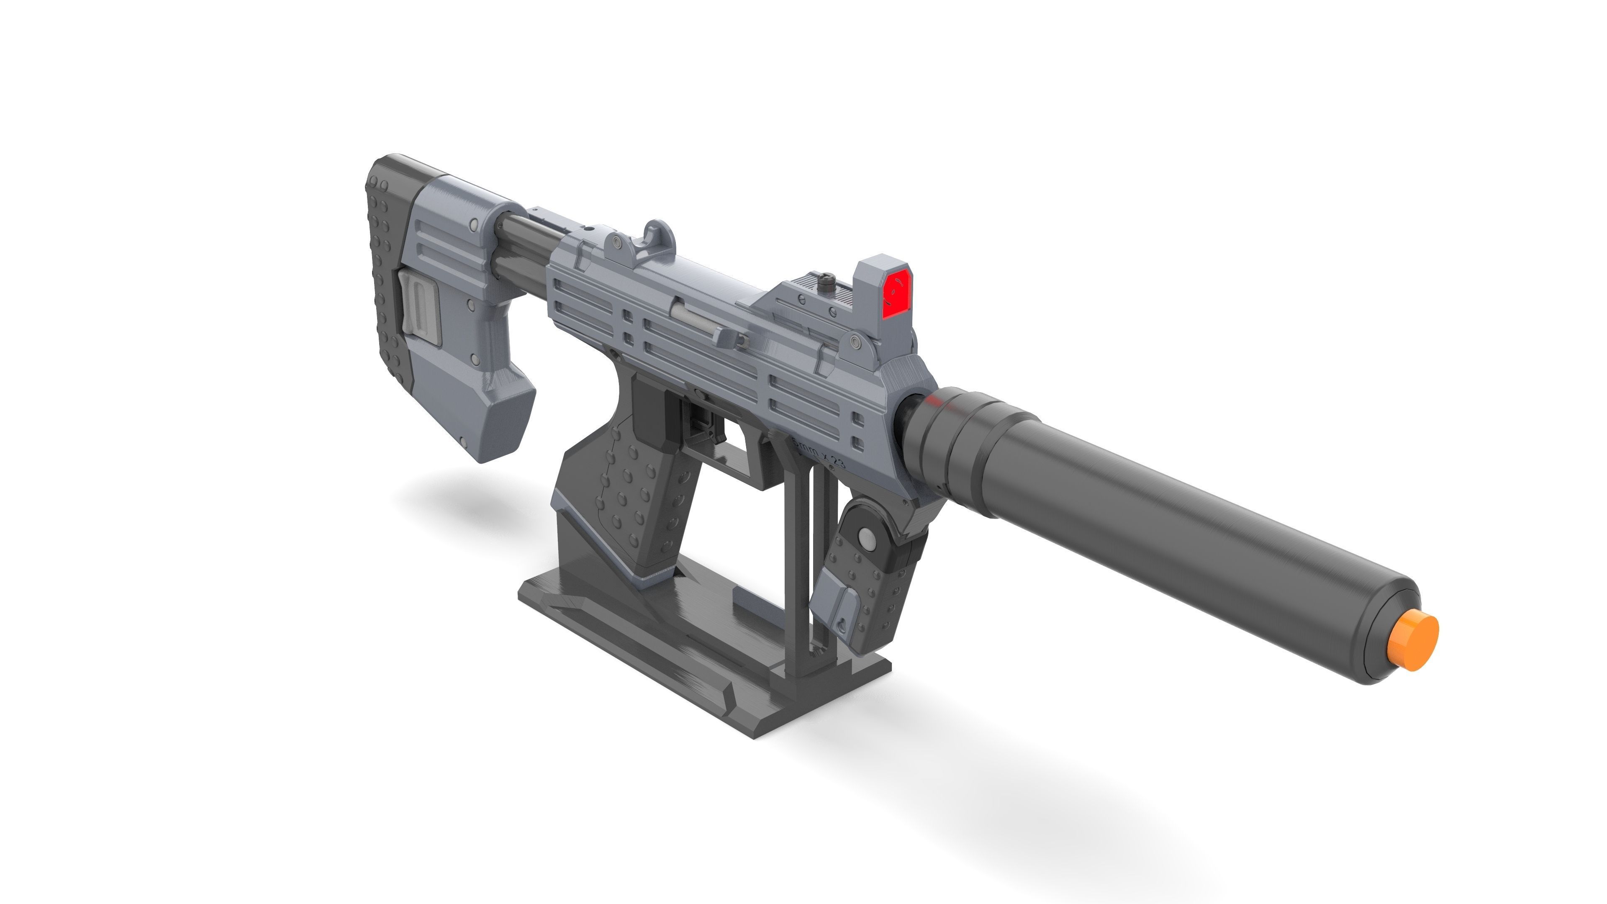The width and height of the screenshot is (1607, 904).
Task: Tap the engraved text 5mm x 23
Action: (819, 454)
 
